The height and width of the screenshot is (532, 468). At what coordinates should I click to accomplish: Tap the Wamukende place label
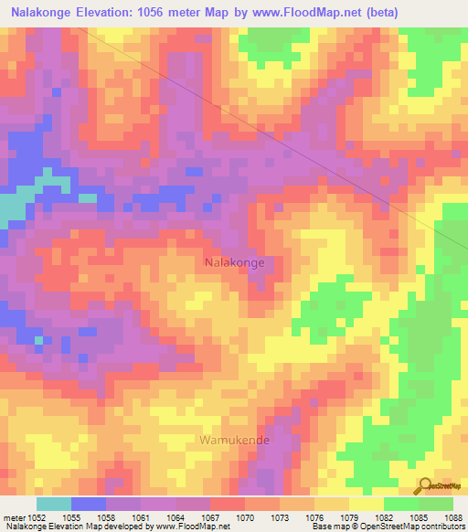point(231,440)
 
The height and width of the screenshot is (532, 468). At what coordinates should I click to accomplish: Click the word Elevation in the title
point(115,13)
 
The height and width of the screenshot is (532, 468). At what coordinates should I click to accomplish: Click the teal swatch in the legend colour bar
point(54,503)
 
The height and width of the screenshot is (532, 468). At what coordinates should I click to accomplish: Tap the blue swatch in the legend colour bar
point(89,503)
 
